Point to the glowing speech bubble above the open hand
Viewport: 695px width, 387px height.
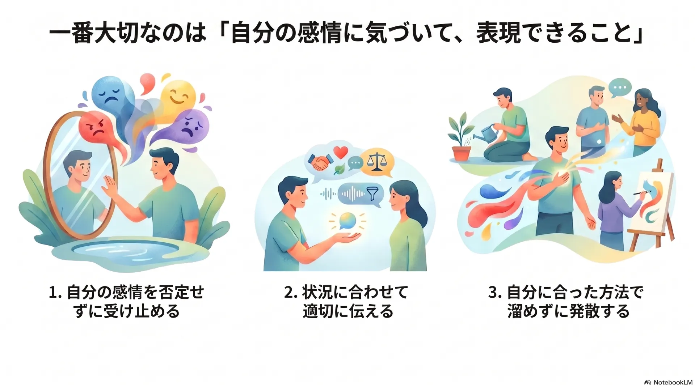347,221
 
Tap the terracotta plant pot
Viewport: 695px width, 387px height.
461,153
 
